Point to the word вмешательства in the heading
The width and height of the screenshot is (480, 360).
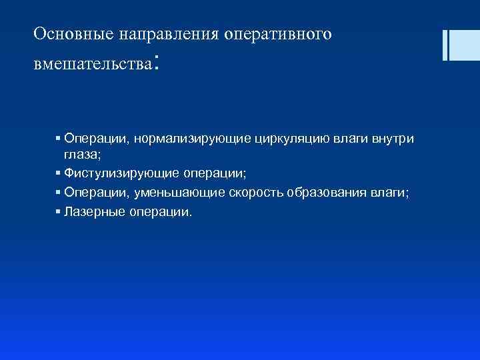pos(93,66)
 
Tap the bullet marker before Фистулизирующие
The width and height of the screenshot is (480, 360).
pos(59,173)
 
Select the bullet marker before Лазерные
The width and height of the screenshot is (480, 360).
pos(59,213)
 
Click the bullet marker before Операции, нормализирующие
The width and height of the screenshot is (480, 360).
pos(59,139)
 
